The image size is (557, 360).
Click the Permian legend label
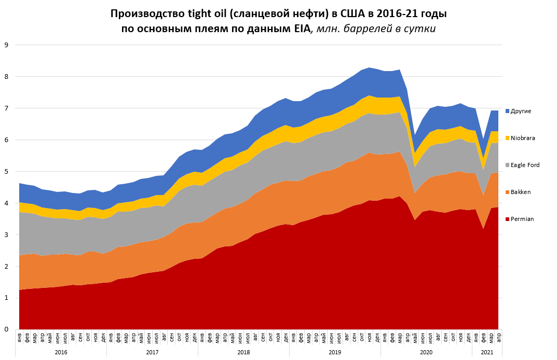pos(522,219)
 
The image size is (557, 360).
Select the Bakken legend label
pos(521,192)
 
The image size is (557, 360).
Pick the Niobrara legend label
pos(523,138)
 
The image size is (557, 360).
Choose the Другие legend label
pos(521,111)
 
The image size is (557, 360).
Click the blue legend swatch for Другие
pos(507,111)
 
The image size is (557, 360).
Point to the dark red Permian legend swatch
pos(507,219)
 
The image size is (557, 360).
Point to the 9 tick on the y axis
pos(6,45)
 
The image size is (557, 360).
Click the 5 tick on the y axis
pos(6,171)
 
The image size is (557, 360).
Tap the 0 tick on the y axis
pos(6,329)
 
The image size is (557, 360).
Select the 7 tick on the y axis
pos(6,108)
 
